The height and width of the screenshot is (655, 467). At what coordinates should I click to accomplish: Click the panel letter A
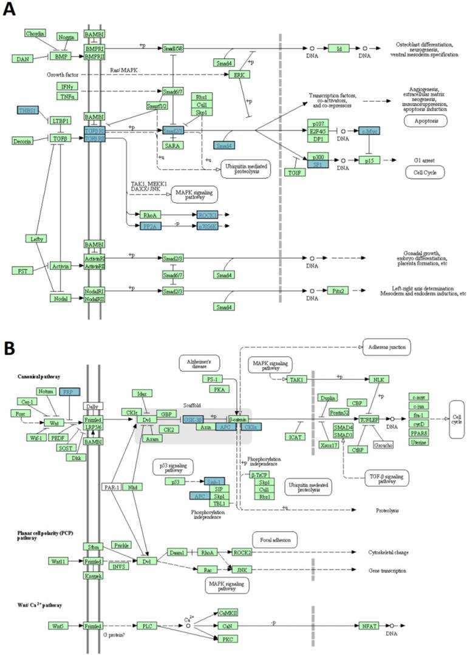(x=10, y=11)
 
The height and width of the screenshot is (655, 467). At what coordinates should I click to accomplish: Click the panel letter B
(x=10, y=348)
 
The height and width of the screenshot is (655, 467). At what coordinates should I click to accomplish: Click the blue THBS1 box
(x=29, y=110)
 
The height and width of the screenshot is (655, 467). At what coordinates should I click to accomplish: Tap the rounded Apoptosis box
(x=425, y=121)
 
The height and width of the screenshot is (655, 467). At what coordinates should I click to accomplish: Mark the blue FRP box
(x=69, y=392)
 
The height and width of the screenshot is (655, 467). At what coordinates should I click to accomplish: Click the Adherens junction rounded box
(x=386, y=347)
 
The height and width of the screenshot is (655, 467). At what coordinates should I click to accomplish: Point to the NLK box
(x=377, y=379)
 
